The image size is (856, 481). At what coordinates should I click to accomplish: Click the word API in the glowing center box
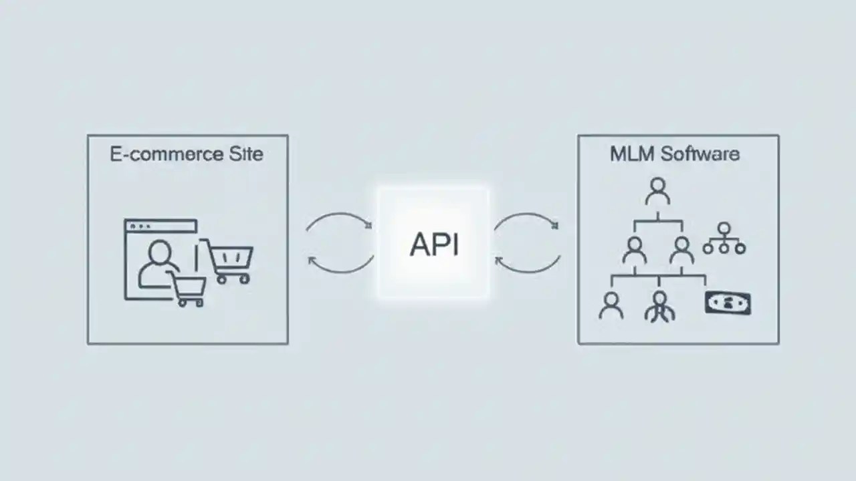coord(434,245)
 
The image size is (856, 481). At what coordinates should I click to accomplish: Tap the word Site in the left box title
coord(245,154)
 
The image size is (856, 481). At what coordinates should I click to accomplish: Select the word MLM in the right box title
coord(631,154)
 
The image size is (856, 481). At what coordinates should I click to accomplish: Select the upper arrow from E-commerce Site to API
coord(339,219)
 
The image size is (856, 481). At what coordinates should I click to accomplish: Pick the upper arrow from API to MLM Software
coord(526,219)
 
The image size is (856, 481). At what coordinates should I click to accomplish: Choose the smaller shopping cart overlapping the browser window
coord(187,289)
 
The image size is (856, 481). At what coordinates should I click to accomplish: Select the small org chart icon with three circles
coord(724,239)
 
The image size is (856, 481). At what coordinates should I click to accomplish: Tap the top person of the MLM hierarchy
coord(658,191)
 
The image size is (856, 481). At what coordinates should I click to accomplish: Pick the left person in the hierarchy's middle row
coord(634,250)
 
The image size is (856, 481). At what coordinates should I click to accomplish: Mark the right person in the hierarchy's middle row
coord(681,250)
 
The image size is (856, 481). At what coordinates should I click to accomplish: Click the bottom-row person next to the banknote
coord(660,306)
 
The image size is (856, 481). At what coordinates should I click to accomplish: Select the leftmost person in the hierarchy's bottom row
coord(611,305)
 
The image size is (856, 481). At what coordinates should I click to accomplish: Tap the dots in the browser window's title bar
coord(140,226)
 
